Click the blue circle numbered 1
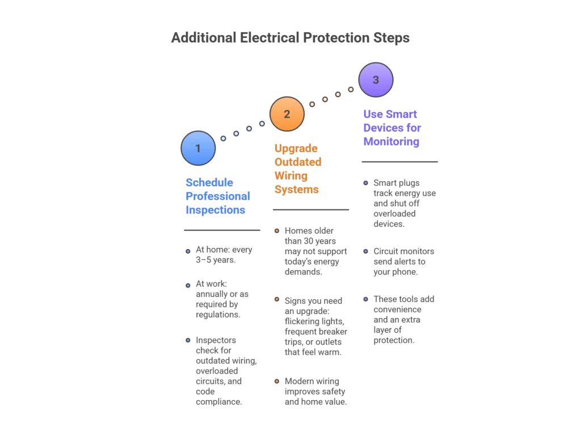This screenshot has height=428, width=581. [198, 148]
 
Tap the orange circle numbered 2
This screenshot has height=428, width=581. [287, 114]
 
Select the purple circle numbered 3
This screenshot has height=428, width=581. [376, 79]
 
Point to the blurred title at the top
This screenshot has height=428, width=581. [290, 38]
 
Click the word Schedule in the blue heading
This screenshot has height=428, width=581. [203, 183]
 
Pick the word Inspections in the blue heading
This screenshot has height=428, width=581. [216, 210]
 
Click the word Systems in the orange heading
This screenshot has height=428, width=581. [296, 190]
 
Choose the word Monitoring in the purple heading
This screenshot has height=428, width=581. [391, 142]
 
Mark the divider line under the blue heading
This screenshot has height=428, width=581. [222, 229]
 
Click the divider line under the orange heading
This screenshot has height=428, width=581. [311, 211]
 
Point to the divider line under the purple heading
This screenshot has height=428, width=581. [399, 161]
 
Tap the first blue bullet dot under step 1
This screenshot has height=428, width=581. [188, 251]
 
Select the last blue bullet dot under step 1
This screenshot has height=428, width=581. [188, 340]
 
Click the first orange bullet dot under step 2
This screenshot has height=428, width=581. [277, 230]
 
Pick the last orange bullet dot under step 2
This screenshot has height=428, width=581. [277, 381]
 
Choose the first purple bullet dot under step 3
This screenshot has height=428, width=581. [366, 183]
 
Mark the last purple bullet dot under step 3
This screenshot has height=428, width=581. [366, 299]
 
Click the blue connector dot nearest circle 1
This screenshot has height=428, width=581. [223, 138]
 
